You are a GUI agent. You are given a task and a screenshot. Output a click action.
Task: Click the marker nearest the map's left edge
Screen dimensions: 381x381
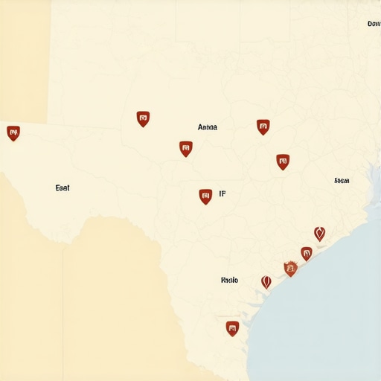pos(13,133)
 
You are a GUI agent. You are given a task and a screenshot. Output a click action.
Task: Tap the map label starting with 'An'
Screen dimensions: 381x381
pos(208,127)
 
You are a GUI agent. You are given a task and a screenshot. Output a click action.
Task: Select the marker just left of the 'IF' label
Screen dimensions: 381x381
pos(205,196)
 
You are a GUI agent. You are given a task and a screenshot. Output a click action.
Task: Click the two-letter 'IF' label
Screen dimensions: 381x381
pos(222,194)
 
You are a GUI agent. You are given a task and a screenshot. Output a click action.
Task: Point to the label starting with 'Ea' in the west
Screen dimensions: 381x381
pos(63,188)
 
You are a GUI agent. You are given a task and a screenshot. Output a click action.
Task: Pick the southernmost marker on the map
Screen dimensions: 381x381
pos(232,328)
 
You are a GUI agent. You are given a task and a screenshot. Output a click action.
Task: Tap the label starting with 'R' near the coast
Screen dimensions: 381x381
pos(229,281)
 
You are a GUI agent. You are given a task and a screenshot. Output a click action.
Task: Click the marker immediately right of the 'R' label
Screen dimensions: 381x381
pos(266,282)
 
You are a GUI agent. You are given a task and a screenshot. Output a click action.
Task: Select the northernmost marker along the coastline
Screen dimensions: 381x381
pos(319,234)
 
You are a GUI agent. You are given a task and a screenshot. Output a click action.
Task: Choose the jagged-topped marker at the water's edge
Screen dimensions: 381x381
pos(290,269)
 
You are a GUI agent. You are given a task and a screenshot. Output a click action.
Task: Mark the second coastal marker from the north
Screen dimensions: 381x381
pos(306,253)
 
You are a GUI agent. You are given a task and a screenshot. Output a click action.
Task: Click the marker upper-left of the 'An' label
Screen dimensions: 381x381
pos(143,118)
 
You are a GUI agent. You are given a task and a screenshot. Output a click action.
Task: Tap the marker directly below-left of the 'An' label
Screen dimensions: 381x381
pos(186,149)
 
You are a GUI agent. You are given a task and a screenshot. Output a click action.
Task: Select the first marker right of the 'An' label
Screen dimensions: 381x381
pos(263,127)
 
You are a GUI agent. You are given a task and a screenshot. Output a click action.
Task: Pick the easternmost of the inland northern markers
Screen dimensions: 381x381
pos(283,161)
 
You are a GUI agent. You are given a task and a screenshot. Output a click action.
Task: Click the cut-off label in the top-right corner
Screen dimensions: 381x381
pos(374,24)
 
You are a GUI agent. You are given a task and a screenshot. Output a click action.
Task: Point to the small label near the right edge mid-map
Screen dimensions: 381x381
pos(342,181)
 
